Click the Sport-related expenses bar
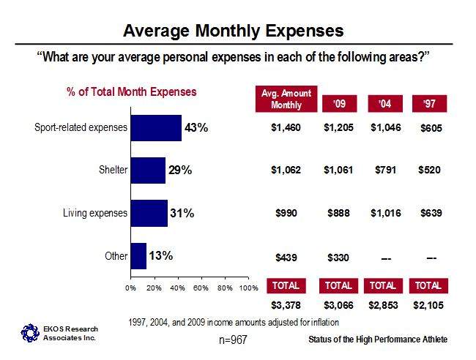pyautogui.click(x=156, y=128)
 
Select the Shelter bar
pyautogui.click(x=148, y=170)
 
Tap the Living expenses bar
pyautogui.click(x=149, y=213)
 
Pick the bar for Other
pyautogui.click(x=138, y=256)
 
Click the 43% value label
pyautogui.click(x=196, y=128)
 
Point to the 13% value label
pyautogui.click(x=160, y=255)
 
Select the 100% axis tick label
pyautogui.click(x=249, y=288)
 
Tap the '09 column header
pyautogui.click(x=339, y=104)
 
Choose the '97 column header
pyautogui.click(x=429, y=104)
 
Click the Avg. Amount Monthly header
pyautogui.click(x=286, y=99)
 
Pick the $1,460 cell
pyautogui.click(x=286, y=127)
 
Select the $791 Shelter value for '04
pyautogui.click(x=385, y=170)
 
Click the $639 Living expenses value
pyautogui.click(x=431, y=213)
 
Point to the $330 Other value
pyautogui.click(x=338, y=258)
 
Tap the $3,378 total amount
pyautogui.click(x=286, y=305)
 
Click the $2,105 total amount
pyautogui.click(x=428, y=305)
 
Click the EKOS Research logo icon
pyautogui.click(x=30, y=333)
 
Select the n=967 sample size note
pyautogui.click(x=233, y=340)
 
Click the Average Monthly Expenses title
pyautogui.click(x=233, y=31)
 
